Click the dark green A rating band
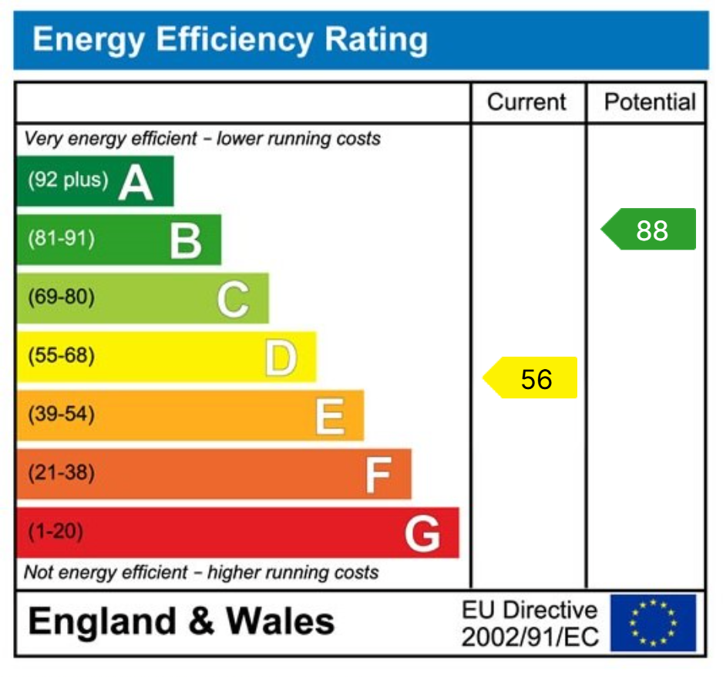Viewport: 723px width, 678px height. tap(96, 181)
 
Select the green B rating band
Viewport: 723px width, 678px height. tap(119, 240)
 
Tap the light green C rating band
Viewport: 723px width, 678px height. tap(143, 298)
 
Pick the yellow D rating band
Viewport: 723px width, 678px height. tap(166, 357)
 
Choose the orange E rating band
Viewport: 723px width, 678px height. tap(190, 415)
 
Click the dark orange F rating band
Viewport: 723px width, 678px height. tap(214, 474)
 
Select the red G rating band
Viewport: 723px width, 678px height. tap(237, 532)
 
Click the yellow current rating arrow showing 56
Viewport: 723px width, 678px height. tap(532, 378)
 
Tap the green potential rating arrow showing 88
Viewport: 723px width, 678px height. tap(650, 230)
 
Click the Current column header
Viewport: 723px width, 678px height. tap(527, 102)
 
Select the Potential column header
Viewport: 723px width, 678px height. tap(649, 102)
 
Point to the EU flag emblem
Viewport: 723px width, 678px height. tap(653, 623)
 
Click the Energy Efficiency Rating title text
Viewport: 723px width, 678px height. tap(230, 39)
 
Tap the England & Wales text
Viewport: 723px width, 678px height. tap(182, 622)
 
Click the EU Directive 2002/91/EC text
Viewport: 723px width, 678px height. tap(530, 623)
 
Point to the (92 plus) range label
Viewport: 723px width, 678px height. tap(68, 180)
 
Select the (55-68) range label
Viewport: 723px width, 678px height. tap(62, 356)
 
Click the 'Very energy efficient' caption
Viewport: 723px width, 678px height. tap(203, 139)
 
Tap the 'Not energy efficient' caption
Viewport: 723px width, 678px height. tap(201, 572)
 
